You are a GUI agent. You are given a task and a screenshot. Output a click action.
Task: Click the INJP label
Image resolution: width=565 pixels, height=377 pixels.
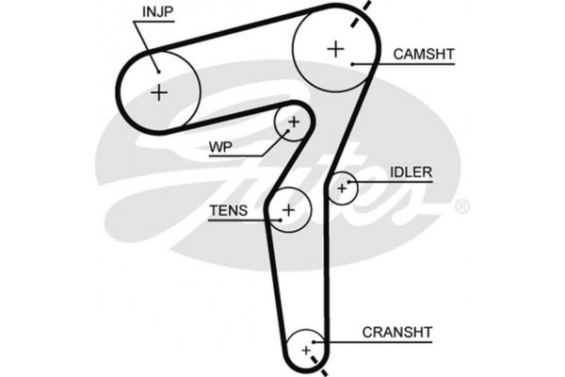pos(156,12)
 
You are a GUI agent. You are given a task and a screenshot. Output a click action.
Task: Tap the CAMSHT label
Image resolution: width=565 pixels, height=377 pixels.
pos(424,56)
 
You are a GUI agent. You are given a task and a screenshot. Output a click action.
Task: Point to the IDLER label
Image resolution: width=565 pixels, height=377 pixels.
pos(410,172)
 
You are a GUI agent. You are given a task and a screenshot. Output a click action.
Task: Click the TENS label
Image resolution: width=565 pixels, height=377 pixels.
pos(229,211)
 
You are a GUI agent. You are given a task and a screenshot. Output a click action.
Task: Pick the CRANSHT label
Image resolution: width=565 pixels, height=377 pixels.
pos(396,332)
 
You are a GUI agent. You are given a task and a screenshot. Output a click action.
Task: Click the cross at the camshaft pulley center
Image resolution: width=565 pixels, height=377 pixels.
pos(334,48)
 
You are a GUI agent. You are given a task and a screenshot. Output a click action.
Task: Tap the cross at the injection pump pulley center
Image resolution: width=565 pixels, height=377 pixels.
pos(159,92)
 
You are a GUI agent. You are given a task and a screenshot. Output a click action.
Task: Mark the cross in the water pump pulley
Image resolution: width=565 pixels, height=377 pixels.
pos(293,123)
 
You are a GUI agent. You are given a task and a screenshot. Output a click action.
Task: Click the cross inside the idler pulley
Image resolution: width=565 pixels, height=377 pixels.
pos(343,188)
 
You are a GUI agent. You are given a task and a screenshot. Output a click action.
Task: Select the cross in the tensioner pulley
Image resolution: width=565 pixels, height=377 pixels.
pos(289,208)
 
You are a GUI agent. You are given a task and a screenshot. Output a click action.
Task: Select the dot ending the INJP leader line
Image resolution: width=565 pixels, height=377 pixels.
pos(158,69)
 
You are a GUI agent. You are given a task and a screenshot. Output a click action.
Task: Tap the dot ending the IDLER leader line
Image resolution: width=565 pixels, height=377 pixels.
pos(350,181)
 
